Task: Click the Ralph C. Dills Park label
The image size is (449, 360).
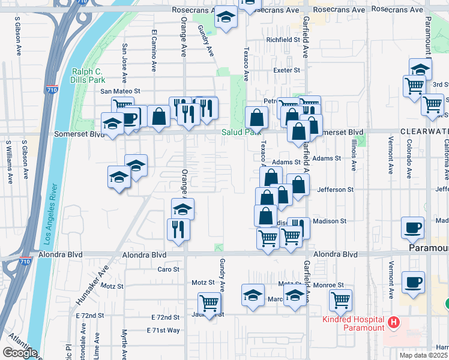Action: coord(88,75)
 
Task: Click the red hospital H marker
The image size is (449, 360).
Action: coord(394,323)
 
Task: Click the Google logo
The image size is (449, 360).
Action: coord(20,353)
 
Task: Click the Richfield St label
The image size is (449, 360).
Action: coord(283,40)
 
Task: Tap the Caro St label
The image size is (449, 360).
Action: coord(169,269)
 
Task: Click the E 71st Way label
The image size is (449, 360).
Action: coord(163,331)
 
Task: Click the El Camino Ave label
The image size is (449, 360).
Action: coord(154,47)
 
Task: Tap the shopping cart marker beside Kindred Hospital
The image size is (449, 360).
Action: coord(340,300)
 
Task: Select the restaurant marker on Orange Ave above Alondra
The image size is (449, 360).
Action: coord(178,230)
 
